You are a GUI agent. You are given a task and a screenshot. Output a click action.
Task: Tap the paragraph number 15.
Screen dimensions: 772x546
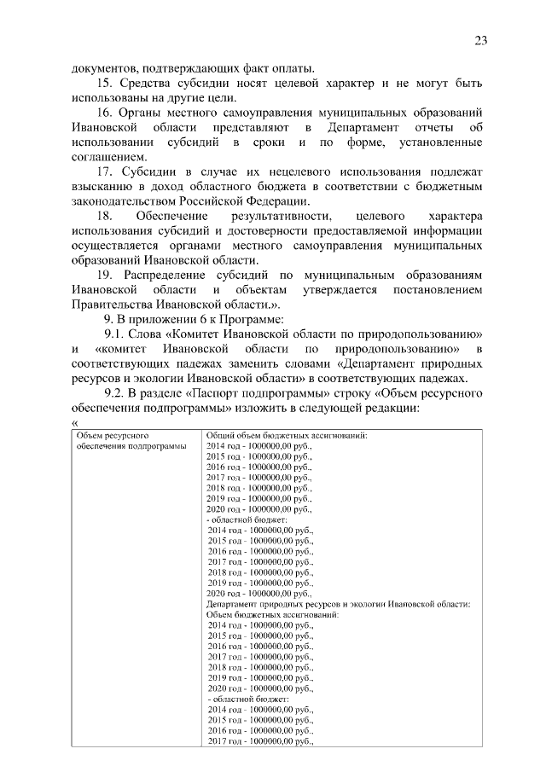click(105, 84)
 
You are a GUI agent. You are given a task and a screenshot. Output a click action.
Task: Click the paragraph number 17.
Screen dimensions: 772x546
click(105, 171)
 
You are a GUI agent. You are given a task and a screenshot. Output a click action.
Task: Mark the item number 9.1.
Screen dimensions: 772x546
click(114, 334)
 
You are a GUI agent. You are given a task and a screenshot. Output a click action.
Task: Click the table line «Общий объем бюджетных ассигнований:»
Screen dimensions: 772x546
click(287, 435)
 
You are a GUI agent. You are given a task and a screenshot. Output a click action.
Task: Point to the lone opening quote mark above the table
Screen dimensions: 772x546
click(75, 422)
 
